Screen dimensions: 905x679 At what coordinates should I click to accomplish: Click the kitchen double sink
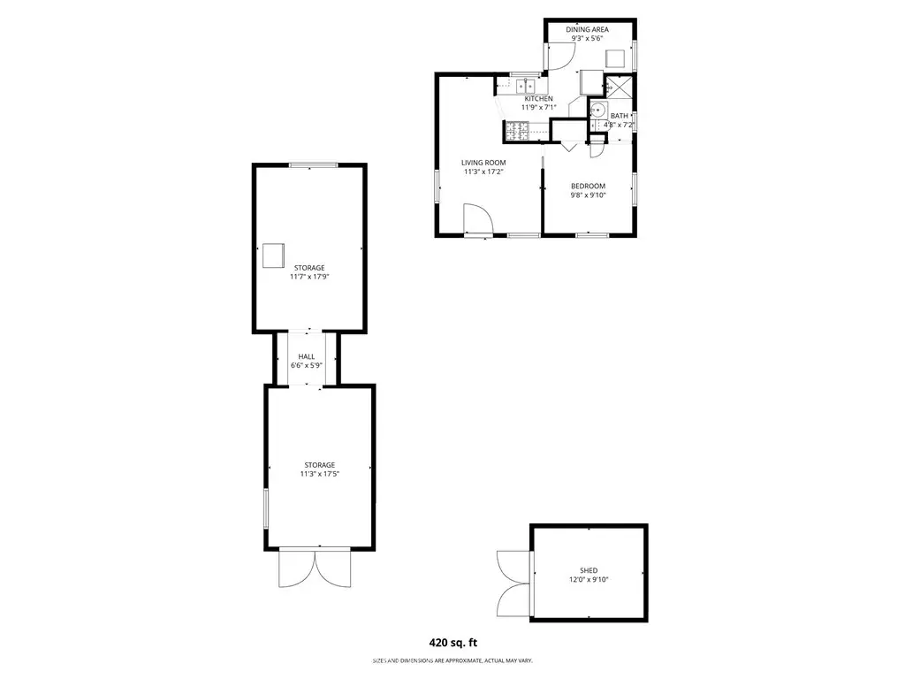pos(525,86)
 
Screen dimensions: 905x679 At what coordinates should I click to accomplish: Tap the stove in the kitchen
pos(518,131)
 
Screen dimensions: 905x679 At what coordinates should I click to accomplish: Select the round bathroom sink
pos(597,109)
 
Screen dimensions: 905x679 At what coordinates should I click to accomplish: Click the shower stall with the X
pos(620,87)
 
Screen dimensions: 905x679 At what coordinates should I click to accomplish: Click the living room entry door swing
pos(478,218)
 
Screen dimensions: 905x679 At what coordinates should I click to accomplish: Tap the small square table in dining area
pos(615,59)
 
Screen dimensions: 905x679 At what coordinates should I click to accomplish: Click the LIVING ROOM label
pos(483,163)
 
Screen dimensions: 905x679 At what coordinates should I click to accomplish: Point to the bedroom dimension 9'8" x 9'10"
pos(588,195)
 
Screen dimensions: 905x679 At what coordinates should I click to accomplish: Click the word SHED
pos(589,570)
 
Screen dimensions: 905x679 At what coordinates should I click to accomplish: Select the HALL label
pos(307,357)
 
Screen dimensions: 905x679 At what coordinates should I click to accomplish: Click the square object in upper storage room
pos(274,256)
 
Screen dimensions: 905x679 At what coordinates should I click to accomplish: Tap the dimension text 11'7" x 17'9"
pos(309,277)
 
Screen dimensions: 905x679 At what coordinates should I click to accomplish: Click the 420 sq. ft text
pos(453,643)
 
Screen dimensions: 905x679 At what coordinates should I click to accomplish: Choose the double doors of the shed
pos(513,584)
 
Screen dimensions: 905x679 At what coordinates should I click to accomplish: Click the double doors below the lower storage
pos(315,568)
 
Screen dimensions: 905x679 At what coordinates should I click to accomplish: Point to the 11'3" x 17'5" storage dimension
pos(319,474)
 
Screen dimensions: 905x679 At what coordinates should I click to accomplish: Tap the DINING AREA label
pos(587,29)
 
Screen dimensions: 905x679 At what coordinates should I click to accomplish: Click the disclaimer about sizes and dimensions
pos(452,660)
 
